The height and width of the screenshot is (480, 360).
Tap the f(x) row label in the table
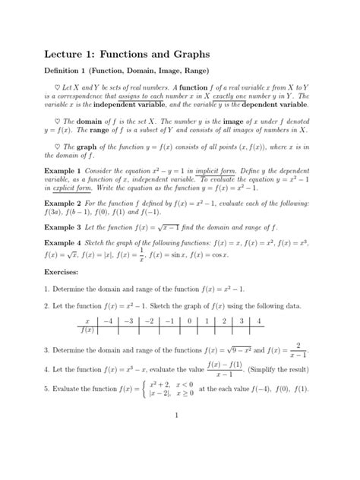87,331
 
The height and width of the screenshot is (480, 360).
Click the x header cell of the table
87,322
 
